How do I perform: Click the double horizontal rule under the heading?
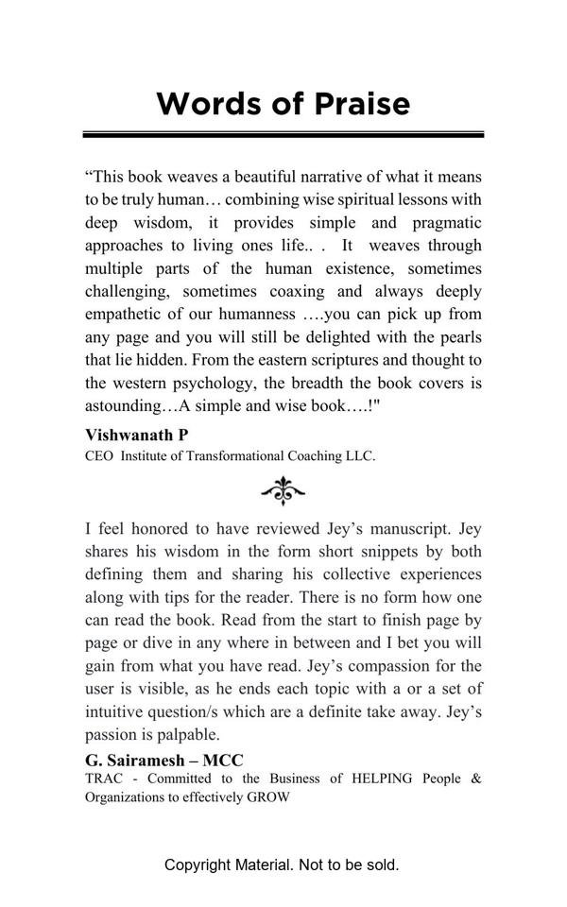tap(283, 135)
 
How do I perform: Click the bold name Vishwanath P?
tap(136, 435)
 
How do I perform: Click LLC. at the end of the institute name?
tap(358, 456)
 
